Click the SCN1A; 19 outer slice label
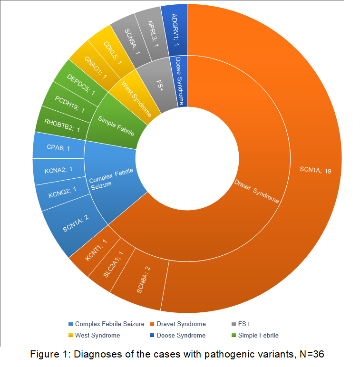click(315, 170)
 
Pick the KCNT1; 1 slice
click(96, 250)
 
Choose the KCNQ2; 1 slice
click(62, 192)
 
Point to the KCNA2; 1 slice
click(58, 170)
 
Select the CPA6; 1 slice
click(59, 148)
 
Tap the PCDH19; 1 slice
click(69, 104)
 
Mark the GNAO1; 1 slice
click(96, 65)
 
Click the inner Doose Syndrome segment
click(178, 81)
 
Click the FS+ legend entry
click(243, 324)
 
